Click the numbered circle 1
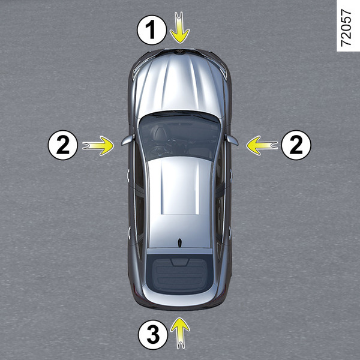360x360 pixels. (x=152, y=30)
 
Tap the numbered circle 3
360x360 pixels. (x=153, y=335)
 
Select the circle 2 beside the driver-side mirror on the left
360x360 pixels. (x=63, y=145)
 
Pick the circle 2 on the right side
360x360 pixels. (x=296, y=145)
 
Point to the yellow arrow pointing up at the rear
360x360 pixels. (x=180, y=333)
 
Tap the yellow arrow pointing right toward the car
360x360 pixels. (x=98, y=146)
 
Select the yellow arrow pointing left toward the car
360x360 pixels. (x=262, y=146)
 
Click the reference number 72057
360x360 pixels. (x=346, y=28)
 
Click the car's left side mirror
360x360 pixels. (x=127, y=140)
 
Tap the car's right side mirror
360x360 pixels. (x=232, y=140)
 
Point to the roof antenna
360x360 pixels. (x=180, y=243)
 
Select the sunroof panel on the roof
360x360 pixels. (x=180, y=188)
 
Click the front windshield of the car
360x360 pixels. (x=179, y=136)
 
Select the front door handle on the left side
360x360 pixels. (x=128, y=176)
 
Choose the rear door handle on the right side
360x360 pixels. (x=230, y=233)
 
